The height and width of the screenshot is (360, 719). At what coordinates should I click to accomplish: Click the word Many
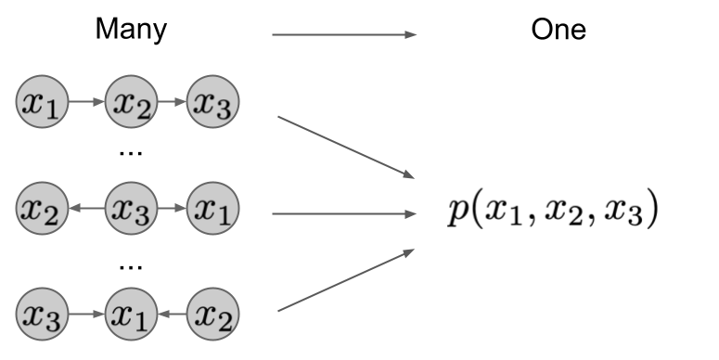132,30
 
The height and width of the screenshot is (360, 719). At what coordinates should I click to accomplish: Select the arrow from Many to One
344,35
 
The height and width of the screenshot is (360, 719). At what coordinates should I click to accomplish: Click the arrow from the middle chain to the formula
344,214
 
